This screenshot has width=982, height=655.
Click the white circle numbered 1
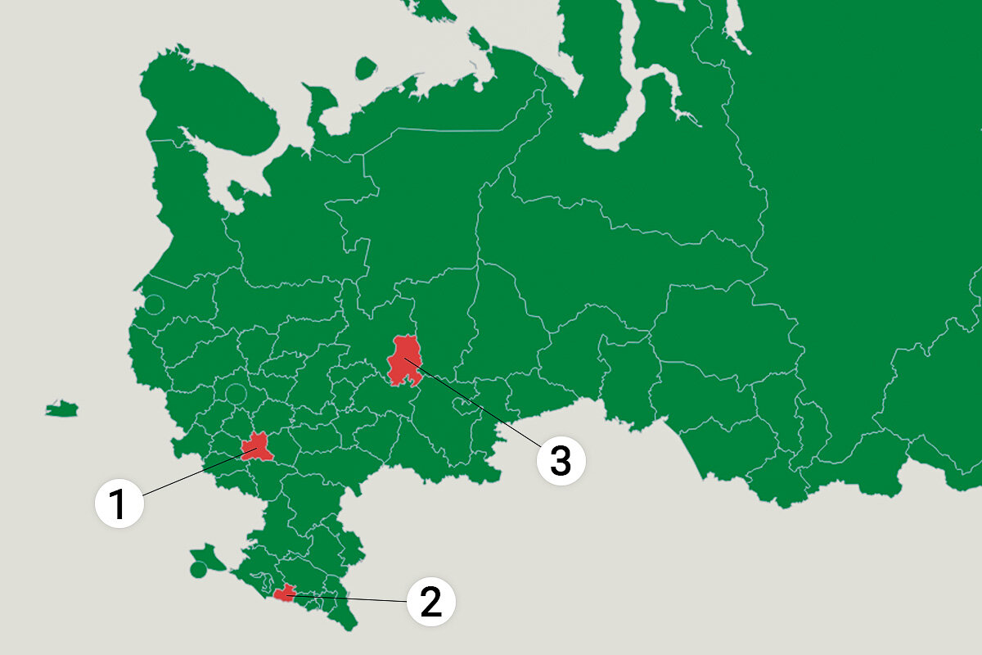(119, 503)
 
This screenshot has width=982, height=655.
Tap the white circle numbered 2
(430, 602)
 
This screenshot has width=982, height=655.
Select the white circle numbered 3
(561, 460)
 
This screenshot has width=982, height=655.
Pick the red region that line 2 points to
(285, 593)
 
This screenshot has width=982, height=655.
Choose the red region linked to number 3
(404, 360)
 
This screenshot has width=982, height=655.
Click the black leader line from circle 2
(352, 599)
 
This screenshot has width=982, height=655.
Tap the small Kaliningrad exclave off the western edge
(61, 408)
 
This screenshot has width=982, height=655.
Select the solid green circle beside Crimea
(197, 569)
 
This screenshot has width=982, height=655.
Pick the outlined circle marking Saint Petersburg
(153, 305)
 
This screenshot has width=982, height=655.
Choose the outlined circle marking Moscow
(236, 392)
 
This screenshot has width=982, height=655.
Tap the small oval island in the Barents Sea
(365, 68)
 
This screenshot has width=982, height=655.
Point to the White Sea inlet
(237, 176)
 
